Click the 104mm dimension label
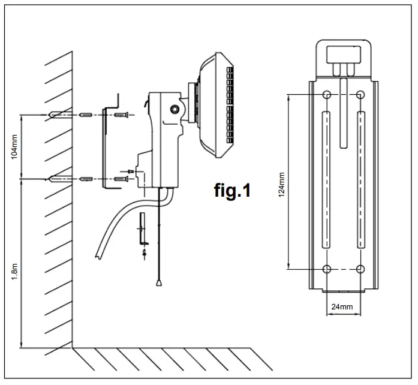click(14, 146)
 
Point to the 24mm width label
click(342, 306)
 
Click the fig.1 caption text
click(232, 191)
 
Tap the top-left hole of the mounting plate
click(326, 95)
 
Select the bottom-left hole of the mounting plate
click(326, 269)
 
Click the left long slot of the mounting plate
click(326, 180)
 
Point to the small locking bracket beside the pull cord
click(143, 231)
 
